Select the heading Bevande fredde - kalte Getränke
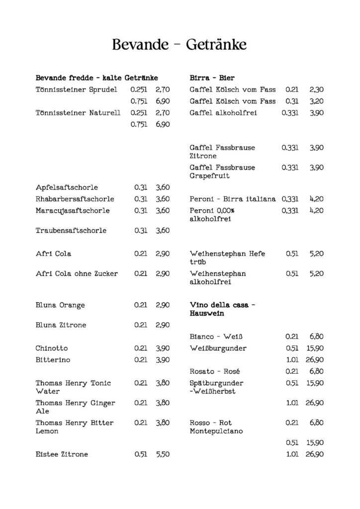coord(97,78)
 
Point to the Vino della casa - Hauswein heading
coord(220,309)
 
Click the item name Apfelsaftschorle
coord(67,187)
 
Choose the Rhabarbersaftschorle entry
coord(75,199)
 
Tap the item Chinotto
coord(52,348)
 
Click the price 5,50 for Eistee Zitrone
coord(163,454)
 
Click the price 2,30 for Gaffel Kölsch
coord(316,90)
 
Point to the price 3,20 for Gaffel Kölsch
coord(316,101)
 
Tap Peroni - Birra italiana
coord(233,199)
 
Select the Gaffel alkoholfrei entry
coord(223,113)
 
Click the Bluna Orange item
coord(60,305)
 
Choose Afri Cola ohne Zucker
coord(77,273)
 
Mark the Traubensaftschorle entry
coord(71,231)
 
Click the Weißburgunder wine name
coord(218,348)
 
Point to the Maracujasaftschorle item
coord(73,210)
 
